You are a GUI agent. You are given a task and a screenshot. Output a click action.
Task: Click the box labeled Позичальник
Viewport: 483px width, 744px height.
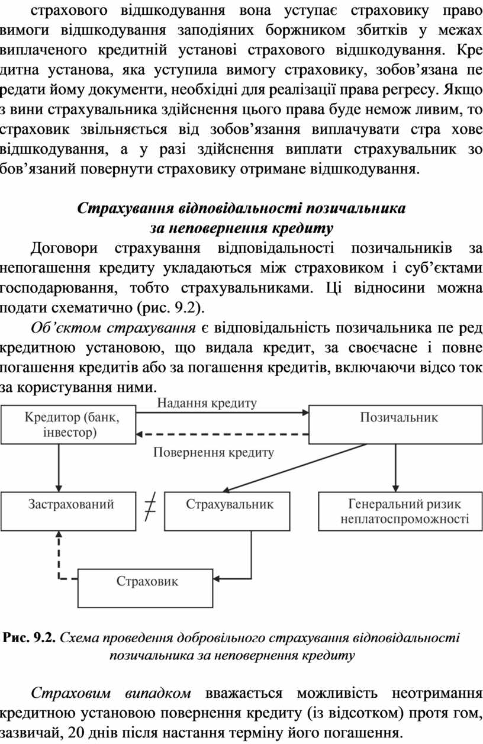tap(395, 424)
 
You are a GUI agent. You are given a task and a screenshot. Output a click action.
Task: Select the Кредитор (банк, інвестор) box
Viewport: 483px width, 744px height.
tap(69, 424)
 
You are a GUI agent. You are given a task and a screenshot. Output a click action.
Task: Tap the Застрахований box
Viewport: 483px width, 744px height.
tap(69, 511)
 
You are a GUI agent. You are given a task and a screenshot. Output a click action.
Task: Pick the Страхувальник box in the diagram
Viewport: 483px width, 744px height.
tap(227, 511)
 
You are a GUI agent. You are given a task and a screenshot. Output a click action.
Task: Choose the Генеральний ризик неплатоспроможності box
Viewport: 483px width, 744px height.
tap(400, 511)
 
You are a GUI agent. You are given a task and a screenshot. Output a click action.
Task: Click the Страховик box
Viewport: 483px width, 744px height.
tap(145, 588)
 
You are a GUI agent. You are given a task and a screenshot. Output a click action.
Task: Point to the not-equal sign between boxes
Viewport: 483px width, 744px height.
tap(150, 511)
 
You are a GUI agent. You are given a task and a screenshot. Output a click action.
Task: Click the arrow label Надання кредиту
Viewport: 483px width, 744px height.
tap(207, 403)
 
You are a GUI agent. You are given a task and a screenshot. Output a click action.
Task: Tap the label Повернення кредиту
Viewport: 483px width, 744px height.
tap(214, 452)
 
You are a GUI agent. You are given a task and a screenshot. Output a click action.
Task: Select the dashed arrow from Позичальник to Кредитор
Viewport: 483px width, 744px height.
tap(222, 434)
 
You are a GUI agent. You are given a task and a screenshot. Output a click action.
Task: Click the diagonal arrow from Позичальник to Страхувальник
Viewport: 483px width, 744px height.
tap(295, 468)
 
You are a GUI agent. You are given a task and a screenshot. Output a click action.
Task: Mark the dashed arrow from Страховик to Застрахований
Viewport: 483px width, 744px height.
tap(63, 558)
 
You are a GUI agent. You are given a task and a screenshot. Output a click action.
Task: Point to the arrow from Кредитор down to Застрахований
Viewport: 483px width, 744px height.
tap(59, 468)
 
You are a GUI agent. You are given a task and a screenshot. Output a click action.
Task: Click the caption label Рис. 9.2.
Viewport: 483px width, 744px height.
tap(30, 637)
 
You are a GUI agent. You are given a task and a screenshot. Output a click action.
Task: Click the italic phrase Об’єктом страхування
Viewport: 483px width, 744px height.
tap(113, 328)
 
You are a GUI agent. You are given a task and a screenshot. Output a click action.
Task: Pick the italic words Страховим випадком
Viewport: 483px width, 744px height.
tap(111, 693)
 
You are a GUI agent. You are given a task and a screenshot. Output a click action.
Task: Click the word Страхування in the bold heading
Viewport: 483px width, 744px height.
tap(125, 208)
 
